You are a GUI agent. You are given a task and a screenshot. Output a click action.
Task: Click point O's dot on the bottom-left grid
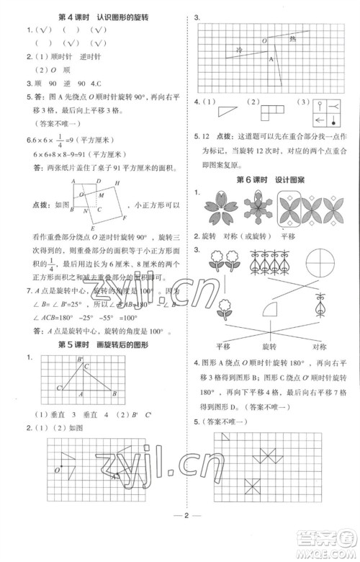[x=63, y=470]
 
